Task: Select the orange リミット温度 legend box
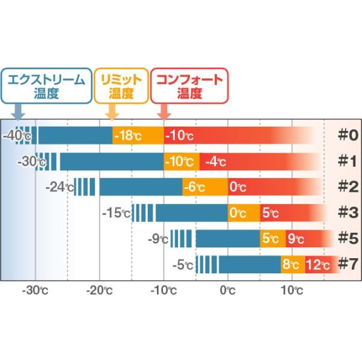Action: pyautogui.click(x=121, y=86)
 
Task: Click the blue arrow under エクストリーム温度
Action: pyautogui.click(x=19, y=111)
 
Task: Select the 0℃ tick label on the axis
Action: pyautogui.click(x=227, y=290)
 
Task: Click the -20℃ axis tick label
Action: pyautogui.click(x=100, y=290)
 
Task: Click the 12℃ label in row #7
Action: pyautogui.click(x=318, y=265)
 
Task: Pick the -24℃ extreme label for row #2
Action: pyautogui.click(x=60, y=187)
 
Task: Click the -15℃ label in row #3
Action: pyautogui.click(x=116, y=213)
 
